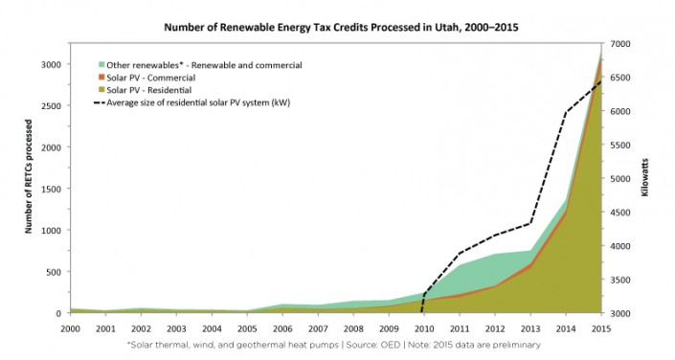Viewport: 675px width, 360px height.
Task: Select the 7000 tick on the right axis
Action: tap(621, 44)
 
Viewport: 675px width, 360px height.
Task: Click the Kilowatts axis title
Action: tap(644, 179)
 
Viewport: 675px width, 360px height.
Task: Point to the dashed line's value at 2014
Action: tap(565, 112)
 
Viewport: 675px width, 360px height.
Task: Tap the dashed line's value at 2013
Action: tap(529, 224)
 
